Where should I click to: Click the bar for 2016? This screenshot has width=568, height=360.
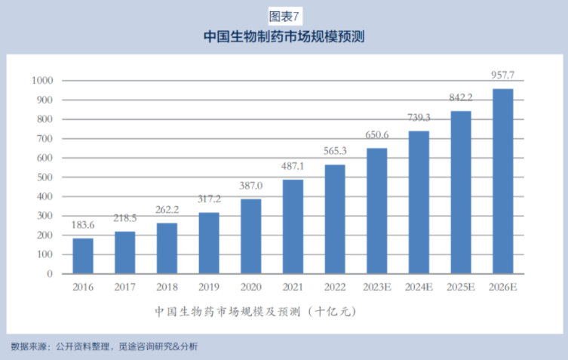pos(83,256)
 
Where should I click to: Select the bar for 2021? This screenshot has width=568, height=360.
pos(293,226)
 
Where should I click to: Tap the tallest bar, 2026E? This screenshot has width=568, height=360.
pos(503,181)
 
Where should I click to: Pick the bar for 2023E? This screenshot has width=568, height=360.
pos(377,211)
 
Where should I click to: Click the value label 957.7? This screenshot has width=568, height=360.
pos(503,76)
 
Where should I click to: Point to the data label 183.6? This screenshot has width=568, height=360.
pos(83,226)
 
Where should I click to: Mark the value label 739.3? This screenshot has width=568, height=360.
pos(419,118)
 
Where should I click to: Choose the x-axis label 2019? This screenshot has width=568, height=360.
pos(209,288)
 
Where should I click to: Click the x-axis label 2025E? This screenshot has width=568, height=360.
pos(461,288)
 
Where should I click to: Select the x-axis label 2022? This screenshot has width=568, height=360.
pos(335,288)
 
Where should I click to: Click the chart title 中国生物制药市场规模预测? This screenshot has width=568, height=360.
pos(284,36)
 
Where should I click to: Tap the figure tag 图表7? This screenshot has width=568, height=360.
pos(284,14)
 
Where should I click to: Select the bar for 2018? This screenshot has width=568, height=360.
pos(167,248)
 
